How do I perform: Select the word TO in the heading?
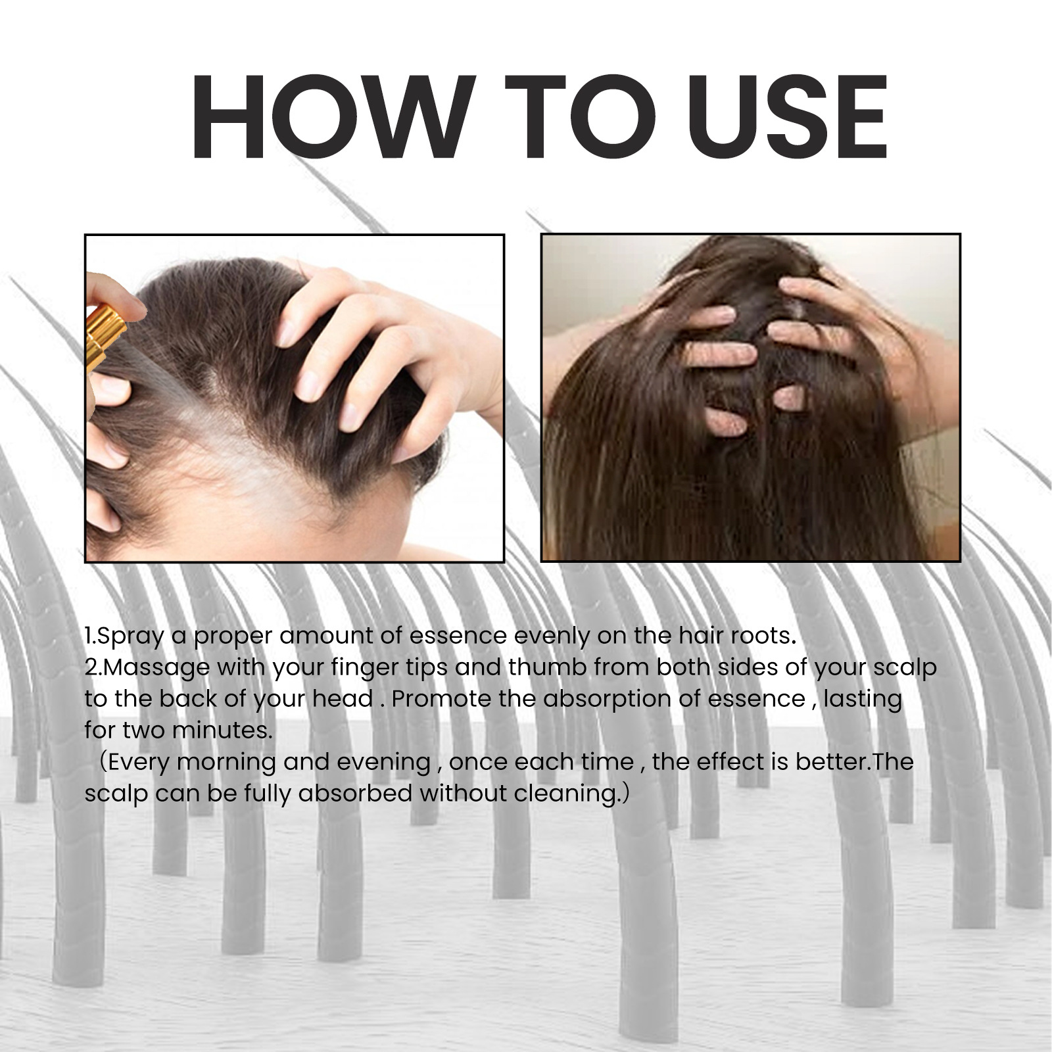571,118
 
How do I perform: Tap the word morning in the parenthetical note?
226,763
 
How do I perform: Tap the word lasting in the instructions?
862,699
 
